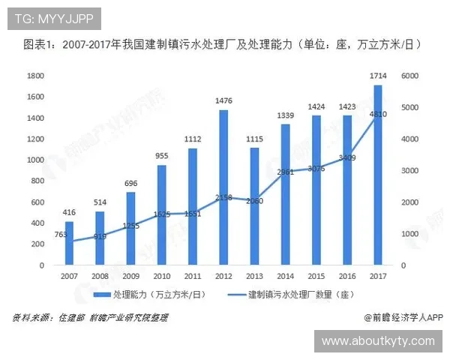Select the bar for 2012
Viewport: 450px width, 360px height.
tap(223, 187)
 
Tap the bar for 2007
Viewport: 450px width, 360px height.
tap(70, 243)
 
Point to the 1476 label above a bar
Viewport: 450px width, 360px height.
tap(223, 100)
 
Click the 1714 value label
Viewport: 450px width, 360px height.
tap(378, 75)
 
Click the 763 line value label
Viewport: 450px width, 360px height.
tap(58, 235)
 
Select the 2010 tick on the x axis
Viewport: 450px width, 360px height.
tap(162, 277)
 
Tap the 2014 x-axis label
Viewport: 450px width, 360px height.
tap(285, 277)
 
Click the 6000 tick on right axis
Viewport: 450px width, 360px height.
tap(409, 76)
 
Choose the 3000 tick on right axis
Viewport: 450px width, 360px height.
tap(409, 171)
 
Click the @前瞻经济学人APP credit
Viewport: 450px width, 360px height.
tap(400, 317)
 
